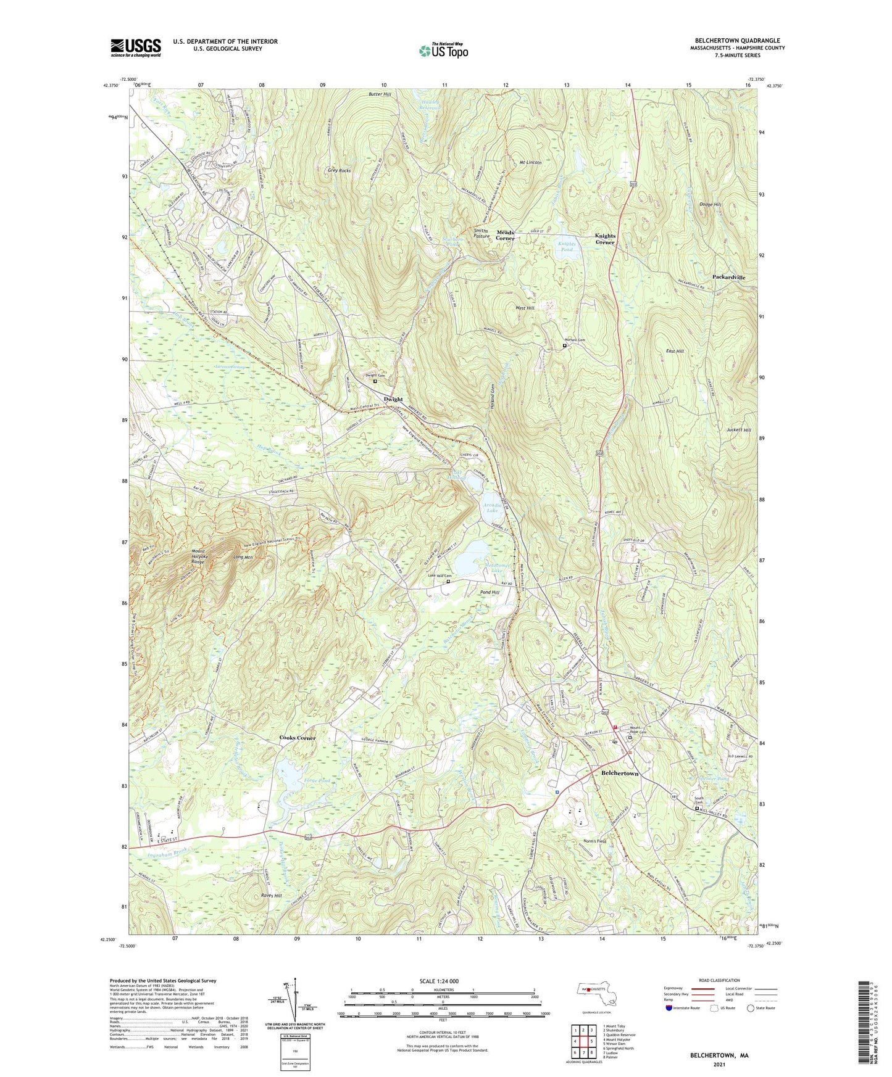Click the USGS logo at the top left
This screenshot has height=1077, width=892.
click(136, 47)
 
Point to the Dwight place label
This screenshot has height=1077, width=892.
click(393, 399)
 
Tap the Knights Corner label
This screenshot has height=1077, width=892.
click(605, 239)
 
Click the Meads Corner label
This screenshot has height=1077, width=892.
click(505, 235)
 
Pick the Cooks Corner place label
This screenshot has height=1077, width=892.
click(297, 738)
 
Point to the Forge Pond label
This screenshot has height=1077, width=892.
click(317, 781)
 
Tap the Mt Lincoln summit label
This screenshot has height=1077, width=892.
click(530, 162)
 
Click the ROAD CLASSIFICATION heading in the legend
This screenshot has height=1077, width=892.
click(719, 980)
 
